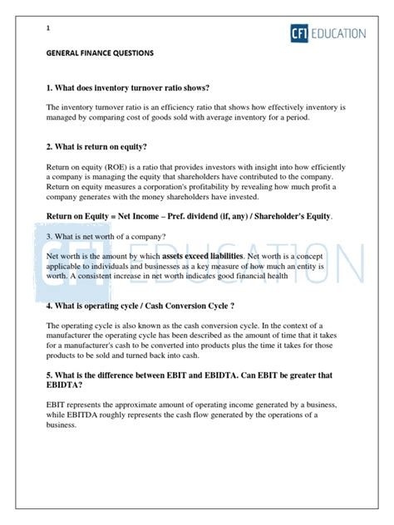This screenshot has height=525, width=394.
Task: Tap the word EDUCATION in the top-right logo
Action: tap(337, 34)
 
